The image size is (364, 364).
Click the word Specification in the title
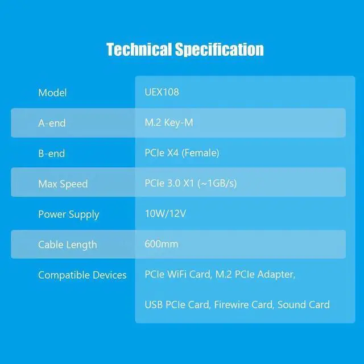(x=221, y=50)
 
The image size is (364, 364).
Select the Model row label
(x=52, y=92)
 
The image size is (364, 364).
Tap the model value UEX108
(x=162, y=92)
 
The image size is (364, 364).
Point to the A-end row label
(x=52, y=123)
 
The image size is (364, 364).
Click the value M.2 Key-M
(x=169, y=123)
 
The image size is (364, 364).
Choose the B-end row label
(x=52, y=153)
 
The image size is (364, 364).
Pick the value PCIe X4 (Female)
(x=182, y=153)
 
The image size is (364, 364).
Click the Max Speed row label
(x=63, y=184)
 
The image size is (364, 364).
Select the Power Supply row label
(x=68, y=214)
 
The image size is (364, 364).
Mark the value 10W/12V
(x=166, y=214)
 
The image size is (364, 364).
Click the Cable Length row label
(x=67, y=245)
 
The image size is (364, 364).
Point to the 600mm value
(x=162, y=245)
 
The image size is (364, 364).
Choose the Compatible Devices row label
(x=82, y=275)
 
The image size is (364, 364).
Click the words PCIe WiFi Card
(x=177, y=275)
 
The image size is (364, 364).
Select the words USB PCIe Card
(x=176, y=305)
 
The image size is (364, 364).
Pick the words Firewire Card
(x=243, y=305)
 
